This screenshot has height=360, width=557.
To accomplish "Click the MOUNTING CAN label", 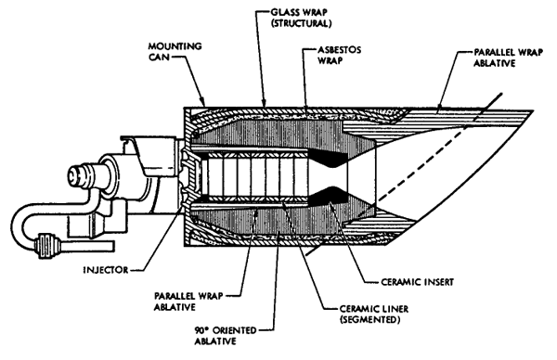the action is (x=175, y=51).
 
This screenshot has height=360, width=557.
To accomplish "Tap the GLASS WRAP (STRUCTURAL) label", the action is (x=301, y=18).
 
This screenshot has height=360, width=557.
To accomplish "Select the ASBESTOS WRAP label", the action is (x=339, y=55).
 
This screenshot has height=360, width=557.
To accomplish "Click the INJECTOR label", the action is (x=106, y=270).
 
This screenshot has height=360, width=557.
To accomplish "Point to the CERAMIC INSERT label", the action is (x=418, y=282).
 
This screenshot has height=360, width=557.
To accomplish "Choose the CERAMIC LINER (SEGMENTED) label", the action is (x=374, y=314).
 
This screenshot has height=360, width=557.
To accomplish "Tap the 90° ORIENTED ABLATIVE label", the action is (x=226, y=336).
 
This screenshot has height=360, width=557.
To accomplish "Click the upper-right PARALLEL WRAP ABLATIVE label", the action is (x=509, y=58).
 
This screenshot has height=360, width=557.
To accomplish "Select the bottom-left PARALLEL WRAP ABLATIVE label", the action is (x=188, y=301).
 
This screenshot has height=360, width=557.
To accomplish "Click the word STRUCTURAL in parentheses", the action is (x=301, y=23).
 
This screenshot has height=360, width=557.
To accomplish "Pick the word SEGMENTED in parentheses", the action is (x=370, y=319).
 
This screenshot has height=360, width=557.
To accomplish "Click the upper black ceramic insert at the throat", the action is (x=329, y=158).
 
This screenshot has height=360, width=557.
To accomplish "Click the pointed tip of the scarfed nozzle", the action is (x=532, y=111).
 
